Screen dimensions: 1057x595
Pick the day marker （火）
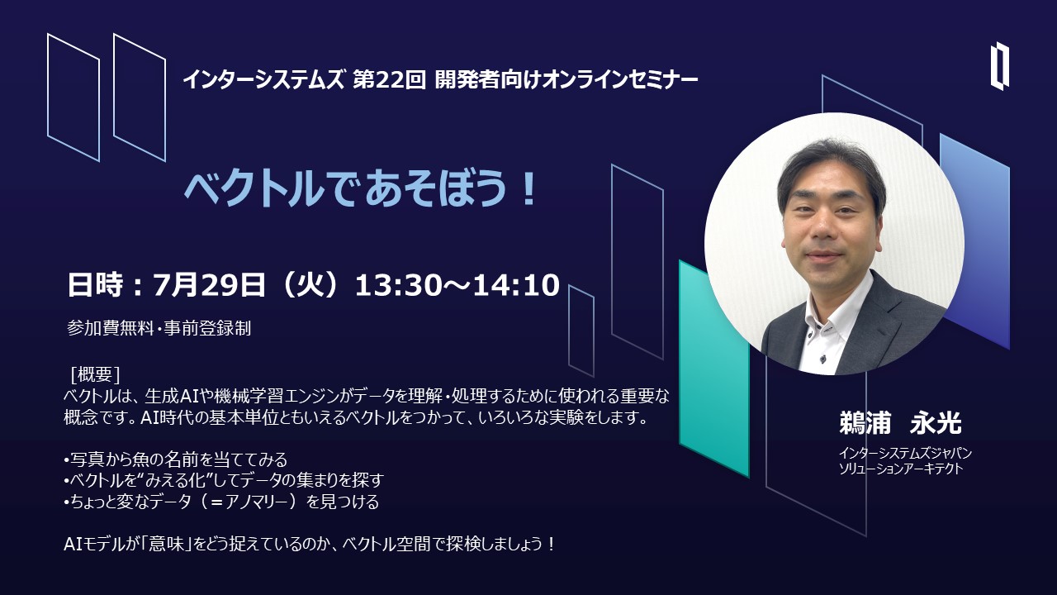coord(310,285)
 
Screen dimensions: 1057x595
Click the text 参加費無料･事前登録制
coord(159,328)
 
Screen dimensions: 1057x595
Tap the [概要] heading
coord(95,375)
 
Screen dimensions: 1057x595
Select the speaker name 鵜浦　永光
coord(900,422)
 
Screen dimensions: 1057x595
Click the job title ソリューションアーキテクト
coord(900,469)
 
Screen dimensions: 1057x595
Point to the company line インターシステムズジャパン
coord(905,454)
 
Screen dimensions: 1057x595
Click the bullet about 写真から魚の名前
coord(175,459)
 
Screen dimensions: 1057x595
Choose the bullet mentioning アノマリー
coord(221,502)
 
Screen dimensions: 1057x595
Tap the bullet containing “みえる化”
coord(224,480)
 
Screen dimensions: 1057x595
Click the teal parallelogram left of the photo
coord(714,369)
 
